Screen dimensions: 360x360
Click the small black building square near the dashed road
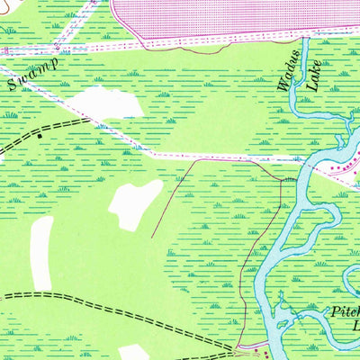click(40, 136)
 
